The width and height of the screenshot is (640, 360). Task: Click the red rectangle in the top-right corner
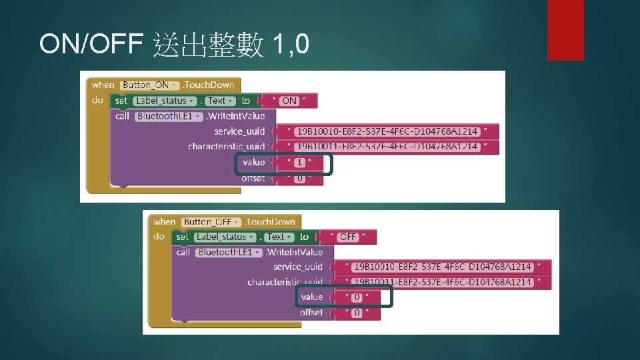(x=565, y=29)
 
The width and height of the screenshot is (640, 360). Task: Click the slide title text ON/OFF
(x=91, y=44)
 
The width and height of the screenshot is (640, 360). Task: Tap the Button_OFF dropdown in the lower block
(x=211, y=222)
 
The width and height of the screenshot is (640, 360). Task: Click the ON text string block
(x=289, y=101)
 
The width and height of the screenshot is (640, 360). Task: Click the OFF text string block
(x=348, y=237)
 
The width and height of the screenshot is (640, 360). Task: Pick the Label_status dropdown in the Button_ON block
(x=163, y=101)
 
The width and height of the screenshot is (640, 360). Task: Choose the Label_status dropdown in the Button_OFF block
(x=225, y=237)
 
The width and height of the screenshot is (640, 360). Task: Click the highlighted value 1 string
(x=300, y=163)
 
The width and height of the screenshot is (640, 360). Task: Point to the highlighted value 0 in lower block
(x=357, y=297)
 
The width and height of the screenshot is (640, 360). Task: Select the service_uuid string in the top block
(x=387, y=131)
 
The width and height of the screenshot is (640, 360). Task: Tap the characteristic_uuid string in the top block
(x=387, y=147)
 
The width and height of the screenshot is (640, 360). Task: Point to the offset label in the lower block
(x=311, y=312)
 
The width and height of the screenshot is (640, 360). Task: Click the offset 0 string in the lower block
(x=357, y=313)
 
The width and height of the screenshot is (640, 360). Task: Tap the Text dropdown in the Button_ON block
(x=219, y=101)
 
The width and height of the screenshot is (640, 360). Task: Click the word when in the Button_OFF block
(x=164, y=222)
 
